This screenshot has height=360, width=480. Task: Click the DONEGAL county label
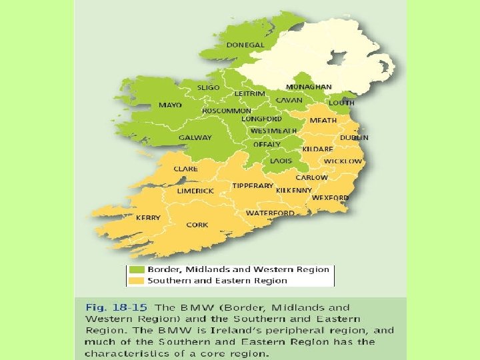coord(245,45)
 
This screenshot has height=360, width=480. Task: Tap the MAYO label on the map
coord(170,105)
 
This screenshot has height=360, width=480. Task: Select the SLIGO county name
coord(209,87)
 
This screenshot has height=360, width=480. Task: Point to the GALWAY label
coord(195,138)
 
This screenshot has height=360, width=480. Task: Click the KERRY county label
coord(148,217)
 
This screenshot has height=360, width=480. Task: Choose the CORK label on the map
coord(197,225)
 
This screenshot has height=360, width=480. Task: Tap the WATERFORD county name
coord(270,213)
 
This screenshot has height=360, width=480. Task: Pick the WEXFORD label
coord(330,198)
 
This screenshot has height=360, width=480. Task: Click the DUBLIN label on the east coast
coord(354,137)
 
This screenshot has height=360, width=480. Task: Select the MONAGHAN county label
coord(309,87)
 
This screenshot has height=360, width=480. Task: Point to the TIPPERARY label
coord(253,185)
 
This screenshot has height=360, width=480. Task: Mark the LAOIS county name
coord(281,161)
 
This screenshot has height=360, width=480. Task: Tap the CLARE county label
coord(185,169)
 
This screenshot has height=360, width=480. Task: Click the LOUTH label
coord(341,103)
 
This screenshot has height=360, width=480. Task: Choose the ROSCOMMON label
coord(227,111)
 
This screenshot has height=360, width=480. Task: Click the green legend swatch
coord(137,269)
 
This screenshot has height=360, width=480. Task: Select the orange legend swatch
coord(137,281)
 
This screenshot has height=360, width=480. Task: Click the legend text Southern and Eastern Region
coord(217,281)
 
